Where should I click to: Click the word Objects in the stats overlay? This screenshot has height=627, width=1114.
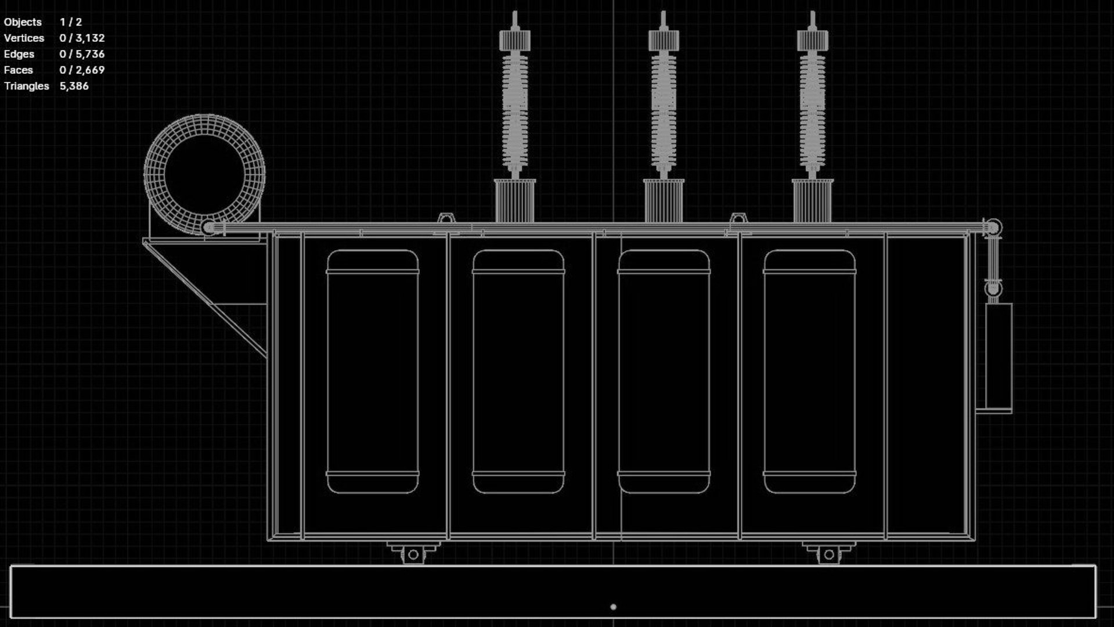pyautogui.click(x=23, y=22)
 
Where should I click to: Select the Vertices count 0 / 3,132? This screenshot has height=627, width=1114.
pyautogui.click(x=82, y=38)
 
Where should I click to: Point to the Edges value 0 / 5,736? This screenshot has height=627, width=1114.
pyautogui.click(x=82, y=54)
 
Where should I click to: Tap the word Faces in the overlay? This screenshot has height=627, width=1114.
pyautogui.click(x=18, y=70)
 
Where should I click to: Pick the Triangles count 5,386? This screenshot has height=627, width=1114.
pyautogui.click(x=74, y=86)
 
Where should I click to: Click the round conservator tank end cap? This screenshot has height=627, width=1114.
pyautogui.click(x=204, y=174)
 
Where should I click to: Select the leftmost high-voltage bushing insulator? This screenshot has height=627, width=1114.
pyautogui.click(x=515, y=110)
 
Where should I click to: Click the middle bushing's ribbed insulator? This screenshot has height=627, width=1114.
pyautogui.click(x=664, y=110)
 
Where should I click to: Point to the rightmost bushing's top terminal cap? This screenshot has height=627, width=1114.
pyautogui.click(x=812, y=39)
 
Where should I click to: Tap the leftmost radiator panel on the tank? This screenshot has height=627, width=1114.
pyautogui.click(x=373, y=372)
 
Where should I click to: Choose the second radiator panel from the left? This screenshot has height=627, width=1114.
pyautogui.click(x=518, y=372)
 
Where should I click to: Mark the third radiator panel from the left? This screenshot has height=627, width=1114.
pyautogui.click(x=664, y=372)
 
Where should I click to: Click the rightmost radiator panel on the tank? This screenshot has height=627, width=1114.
pyautogui.click(x=809, y=372)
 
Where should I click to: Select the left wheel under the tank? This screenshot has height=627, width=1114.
pyautogui.click(x=413, y=554)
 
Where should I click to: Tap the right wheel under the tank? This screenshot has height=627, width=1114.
pyautogui.click(x=829, y=554)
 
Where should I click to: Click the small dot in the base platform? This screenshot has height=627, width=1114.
pyautogui.click(x=613, y=607)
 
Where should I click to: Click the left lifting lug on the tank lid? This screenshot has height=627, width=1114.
pyautogui.click(x=445, y=219)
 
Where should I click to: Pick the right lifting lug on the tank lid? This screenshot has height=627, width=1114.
pyautogui.click(x=737, y=219)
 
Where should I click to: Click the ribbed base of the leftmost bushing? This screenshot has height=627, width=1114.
pyautogui.click(x=515, y=200)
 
